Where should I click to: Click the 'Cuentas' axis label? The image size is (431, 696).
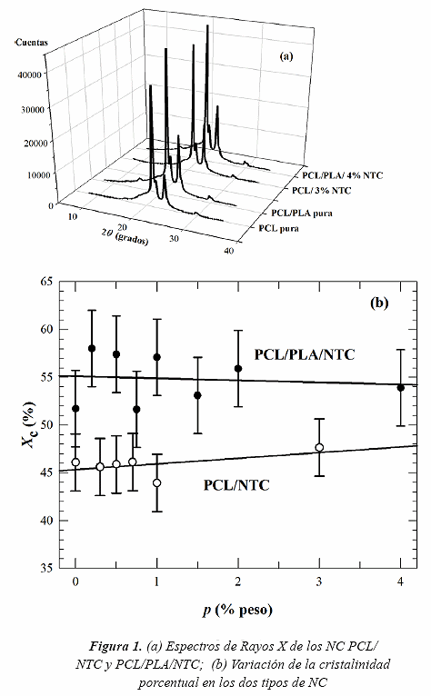(31, 43)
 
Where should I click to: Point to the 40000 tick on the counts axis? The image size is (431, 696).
(29, 75)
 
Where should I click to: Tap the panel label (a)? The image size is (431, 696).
(286, 56)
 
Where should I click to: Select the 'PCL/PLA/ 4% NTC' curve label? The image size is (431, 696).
(342, 175)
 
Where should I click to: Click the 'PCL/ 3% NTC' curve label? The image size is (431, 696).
(321, 191)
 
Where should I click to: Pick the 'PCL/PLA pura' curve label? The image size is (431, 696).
(302, 213)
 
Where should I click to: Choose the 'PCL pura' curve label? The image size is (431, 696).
(278, 228)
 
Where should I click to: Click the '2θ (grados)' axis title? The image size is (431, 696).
(125, 234)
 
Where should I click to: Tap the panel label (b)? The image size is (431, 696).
(379, 303)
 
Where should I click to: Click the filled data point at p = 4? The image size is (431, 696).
(400, 387)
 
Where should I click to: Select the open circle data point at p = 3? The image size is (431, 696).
(319, 447)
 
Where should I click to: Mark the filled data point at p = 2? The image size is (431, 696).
(238, 368)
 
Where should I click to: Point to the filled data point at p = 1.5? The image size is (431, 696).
(197, 395)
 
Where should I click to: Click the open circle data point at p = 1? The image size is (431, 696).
(156, 483)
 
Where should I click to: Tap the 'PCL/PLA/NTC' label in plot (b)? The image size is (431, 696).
(305, 354)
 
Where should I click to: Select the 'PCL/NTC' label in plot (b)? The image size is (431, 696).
(236, 484)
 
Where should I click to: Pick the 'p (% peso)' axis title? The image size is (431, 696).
(237, 610)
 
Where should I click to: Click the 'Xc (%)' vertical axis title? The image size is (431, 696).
(29, 424)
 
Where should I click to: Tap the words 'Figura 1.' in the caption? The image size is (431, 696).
(115, 645)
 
